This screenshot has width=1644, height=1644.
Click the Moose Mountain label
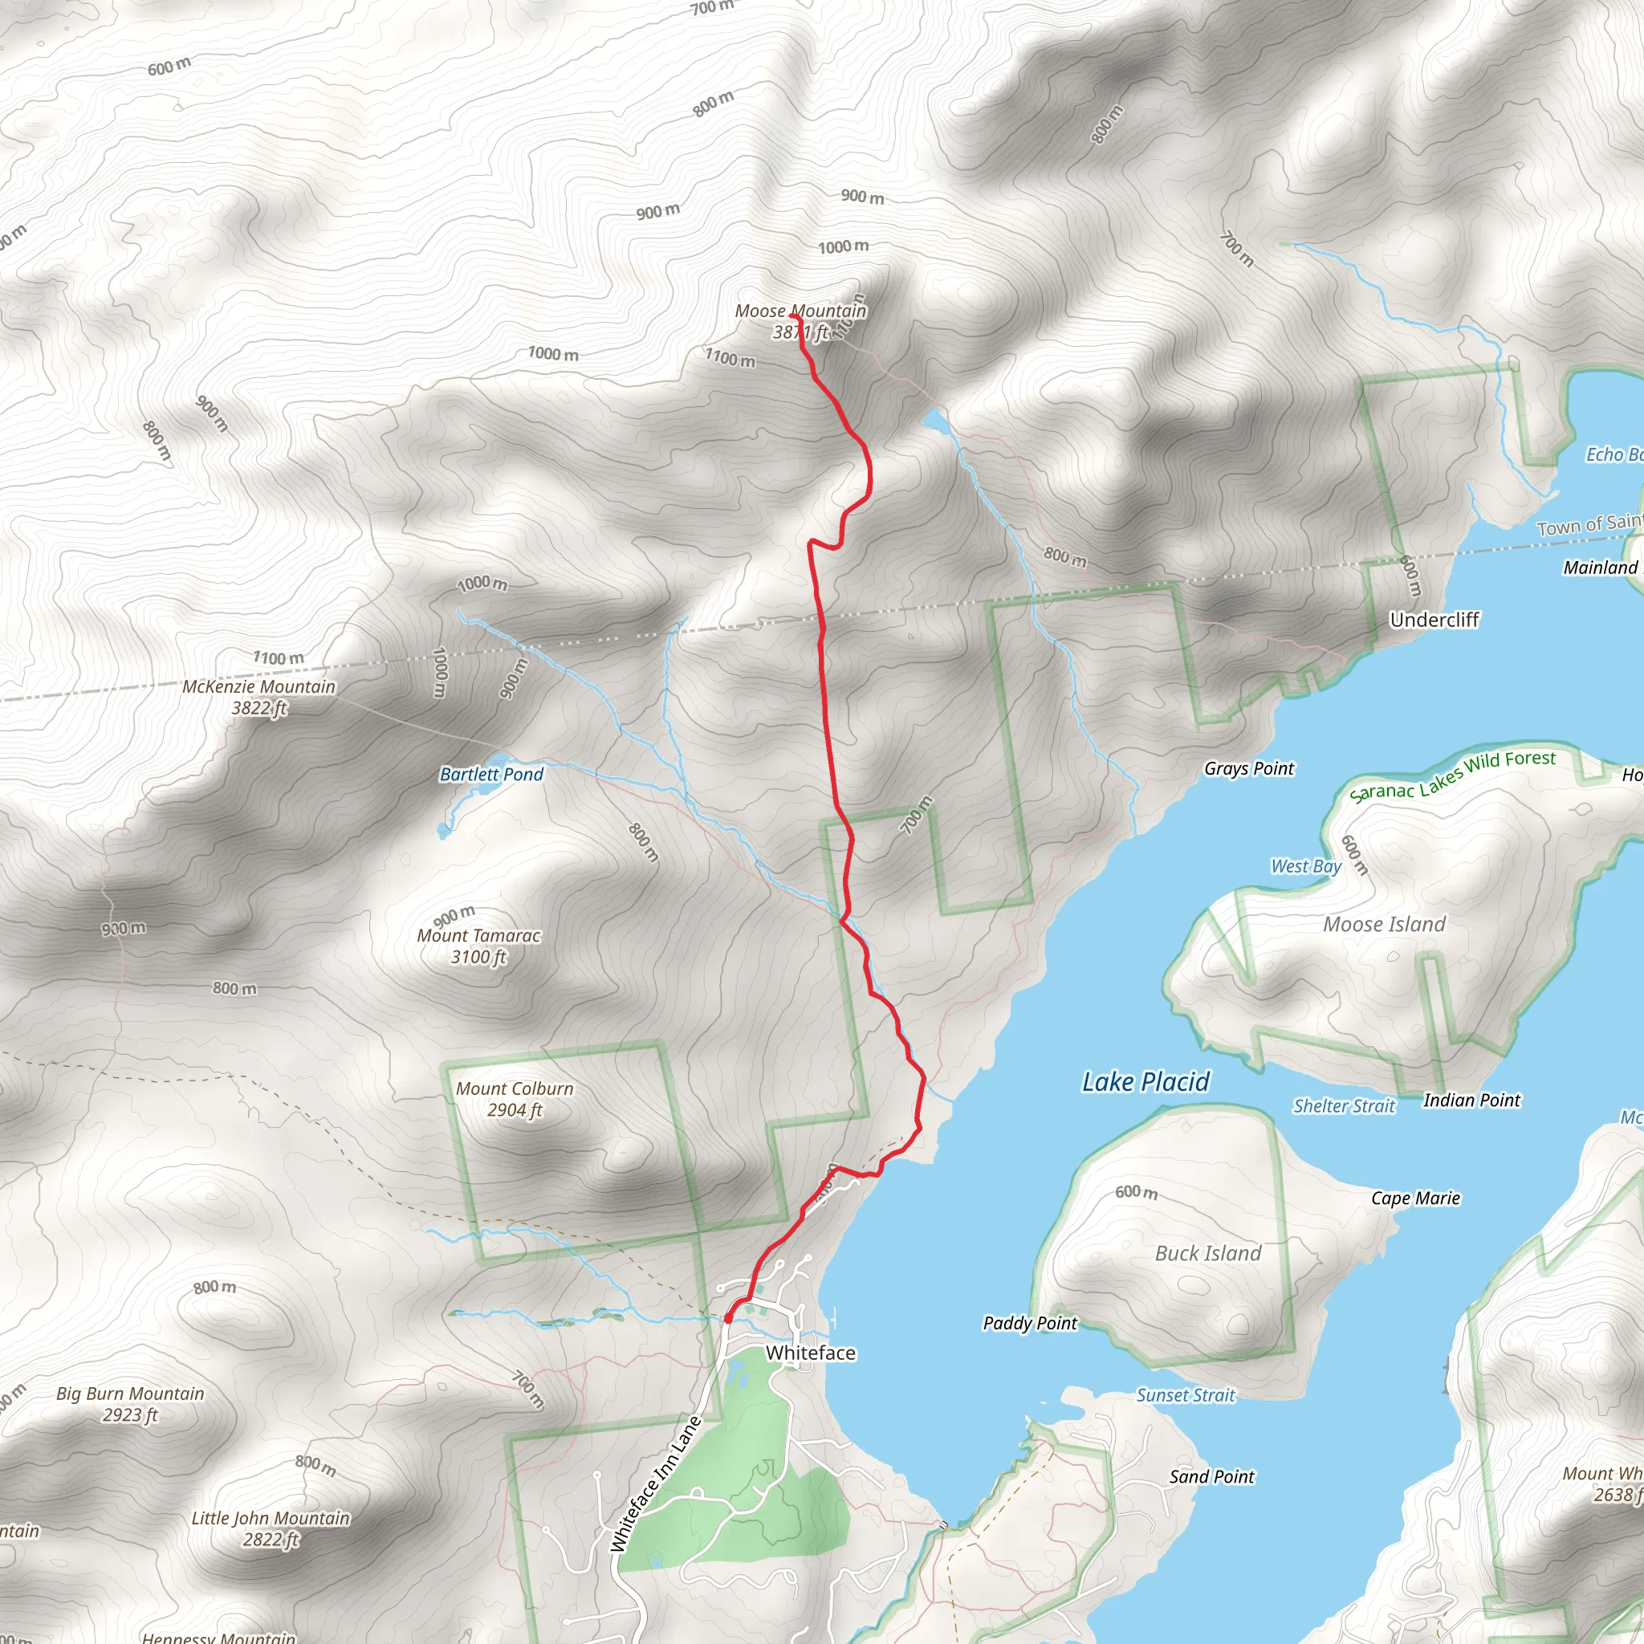click(x=800, y=311)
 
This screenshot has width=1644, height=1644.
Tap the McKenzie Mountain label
click(x=258, y=686)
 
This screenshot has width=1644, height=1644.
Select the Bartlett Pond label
click(x=491, y=775)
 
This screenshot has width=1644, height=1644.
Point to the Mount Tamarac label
click(x=478, y=936)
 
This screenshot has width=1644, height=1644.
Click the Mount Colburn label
click(x=514, y=1089)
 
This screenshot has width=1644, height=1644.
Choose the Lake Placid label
click(x=1146, y=1082)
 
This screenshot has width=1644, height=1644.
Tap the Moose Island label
click(x=1384, y=925)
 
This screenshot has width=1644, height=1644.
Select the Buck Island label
click(x=1207, y=1253)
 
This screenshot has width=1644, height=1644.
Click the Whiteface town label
click(x=810, y=1353)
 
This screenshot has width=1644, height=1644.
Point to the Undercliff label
click(x=1434, y=620)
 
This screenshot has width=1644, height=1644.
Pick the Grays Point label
click(x=1248, y=768)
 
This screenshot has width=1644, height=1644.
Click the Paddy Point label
click(x=1030, y=1323)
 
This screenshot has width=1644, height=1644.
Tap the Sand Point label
click(x=1211, y=1476)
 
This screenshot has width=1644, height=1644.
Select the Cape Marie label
click(x=1415, y=1198)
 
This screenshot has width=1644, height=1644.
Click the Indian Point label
click(x=1471, y=1101)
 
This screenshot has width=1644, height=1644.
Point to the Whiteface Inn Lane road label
click(x=656, y=1483)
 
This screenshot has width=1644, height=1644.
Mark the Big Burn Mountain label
click(x=130, y=1394)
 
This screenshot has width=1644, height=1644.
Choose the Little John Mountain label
click(x=271, y=1518)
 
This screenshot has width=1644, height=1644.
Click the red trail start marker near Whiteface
click(x=728, y=1318)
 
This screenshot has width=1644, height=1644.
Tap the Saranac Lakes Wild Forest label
click(x=1451, y=776)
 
